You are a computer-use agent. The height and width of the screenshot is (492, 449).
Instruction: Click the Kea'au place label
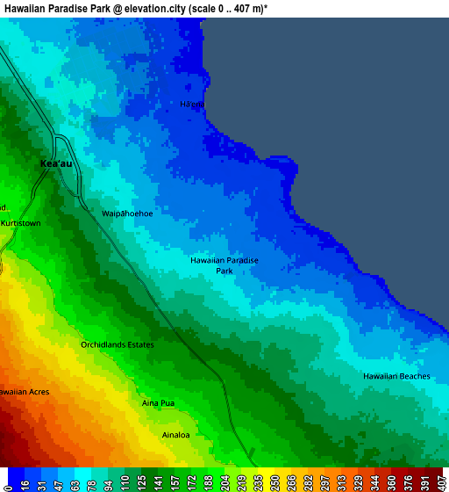(55, 163)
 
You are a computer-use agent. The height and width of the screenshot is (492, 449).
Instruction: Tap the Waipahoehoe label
(127, 213)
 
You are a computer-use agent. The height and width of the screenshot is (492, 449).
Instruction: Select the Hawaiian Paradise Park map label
(224, 266)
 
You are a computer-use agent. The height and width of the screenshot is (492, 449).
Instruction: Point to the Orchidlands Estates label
(118, 344)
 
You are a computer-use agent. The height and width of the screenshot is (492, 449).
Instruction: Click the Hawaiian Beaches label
(396, 376)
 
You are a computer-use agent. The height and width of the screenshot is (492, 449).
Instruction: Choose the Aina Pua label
(159, 403)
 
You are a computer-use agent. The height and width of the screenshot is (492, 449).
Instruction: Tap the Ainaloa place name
(176, 435)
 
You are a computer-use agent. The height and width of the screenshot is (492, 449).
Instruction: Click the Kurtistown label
(21, 224)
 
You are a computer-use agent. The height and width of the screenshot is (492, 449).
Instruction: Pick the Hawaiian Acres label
(25, 391)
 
